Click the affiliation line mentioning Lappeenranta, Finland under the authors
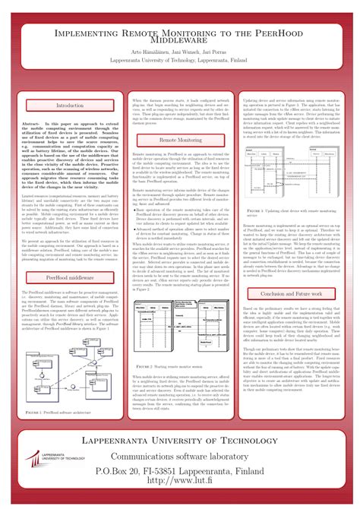pos(180,67)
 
